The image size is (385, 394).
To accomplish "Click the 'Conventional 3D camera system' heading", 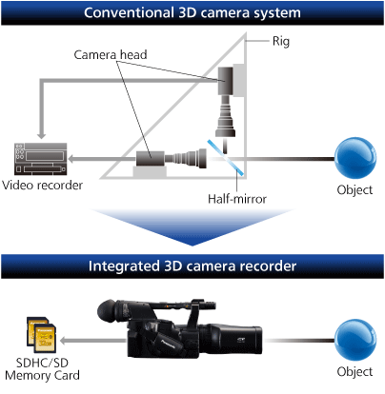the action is pos(192,13).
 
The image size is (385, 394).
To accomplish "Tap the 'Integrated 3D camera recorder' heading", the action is pos(192,266).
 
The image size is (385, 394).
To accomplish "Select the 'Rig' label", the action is pos(281,41).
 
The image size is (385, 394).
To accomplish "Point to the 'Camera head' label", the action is pos(111,55).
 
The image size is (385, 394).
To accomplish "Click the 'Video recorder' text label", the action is pos(42,186).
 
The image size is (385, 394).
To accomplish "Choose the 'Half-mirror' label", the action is pos(237,199).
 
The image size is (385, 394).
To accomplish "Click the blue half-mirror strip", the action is pos(226,158).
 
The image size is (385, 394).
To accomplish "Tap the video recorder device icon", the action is pos(41,159).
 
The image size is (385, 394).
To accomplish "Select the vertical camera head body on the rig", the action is pos(226,81).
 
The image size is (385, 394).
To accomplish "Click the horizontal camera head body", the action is pos(151,159).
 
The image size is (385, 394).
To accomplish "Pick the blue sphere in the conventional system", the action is pos(355,158).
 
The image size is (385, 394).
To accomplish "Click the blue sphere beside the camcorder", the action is pos(355,340).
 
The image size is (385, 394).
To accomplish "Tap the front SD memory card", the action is pos(45,339).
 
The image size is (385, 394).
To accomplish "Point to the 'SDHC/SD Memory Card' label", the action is pos(42,369).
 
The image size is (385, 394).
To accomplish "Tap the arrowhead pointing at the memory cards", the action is pos(64,341).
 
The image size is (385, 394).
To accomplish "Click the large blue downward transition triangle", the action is pos(192,227).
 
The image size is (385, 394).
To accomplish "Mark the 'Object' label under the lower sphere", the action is pos(355,372).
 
